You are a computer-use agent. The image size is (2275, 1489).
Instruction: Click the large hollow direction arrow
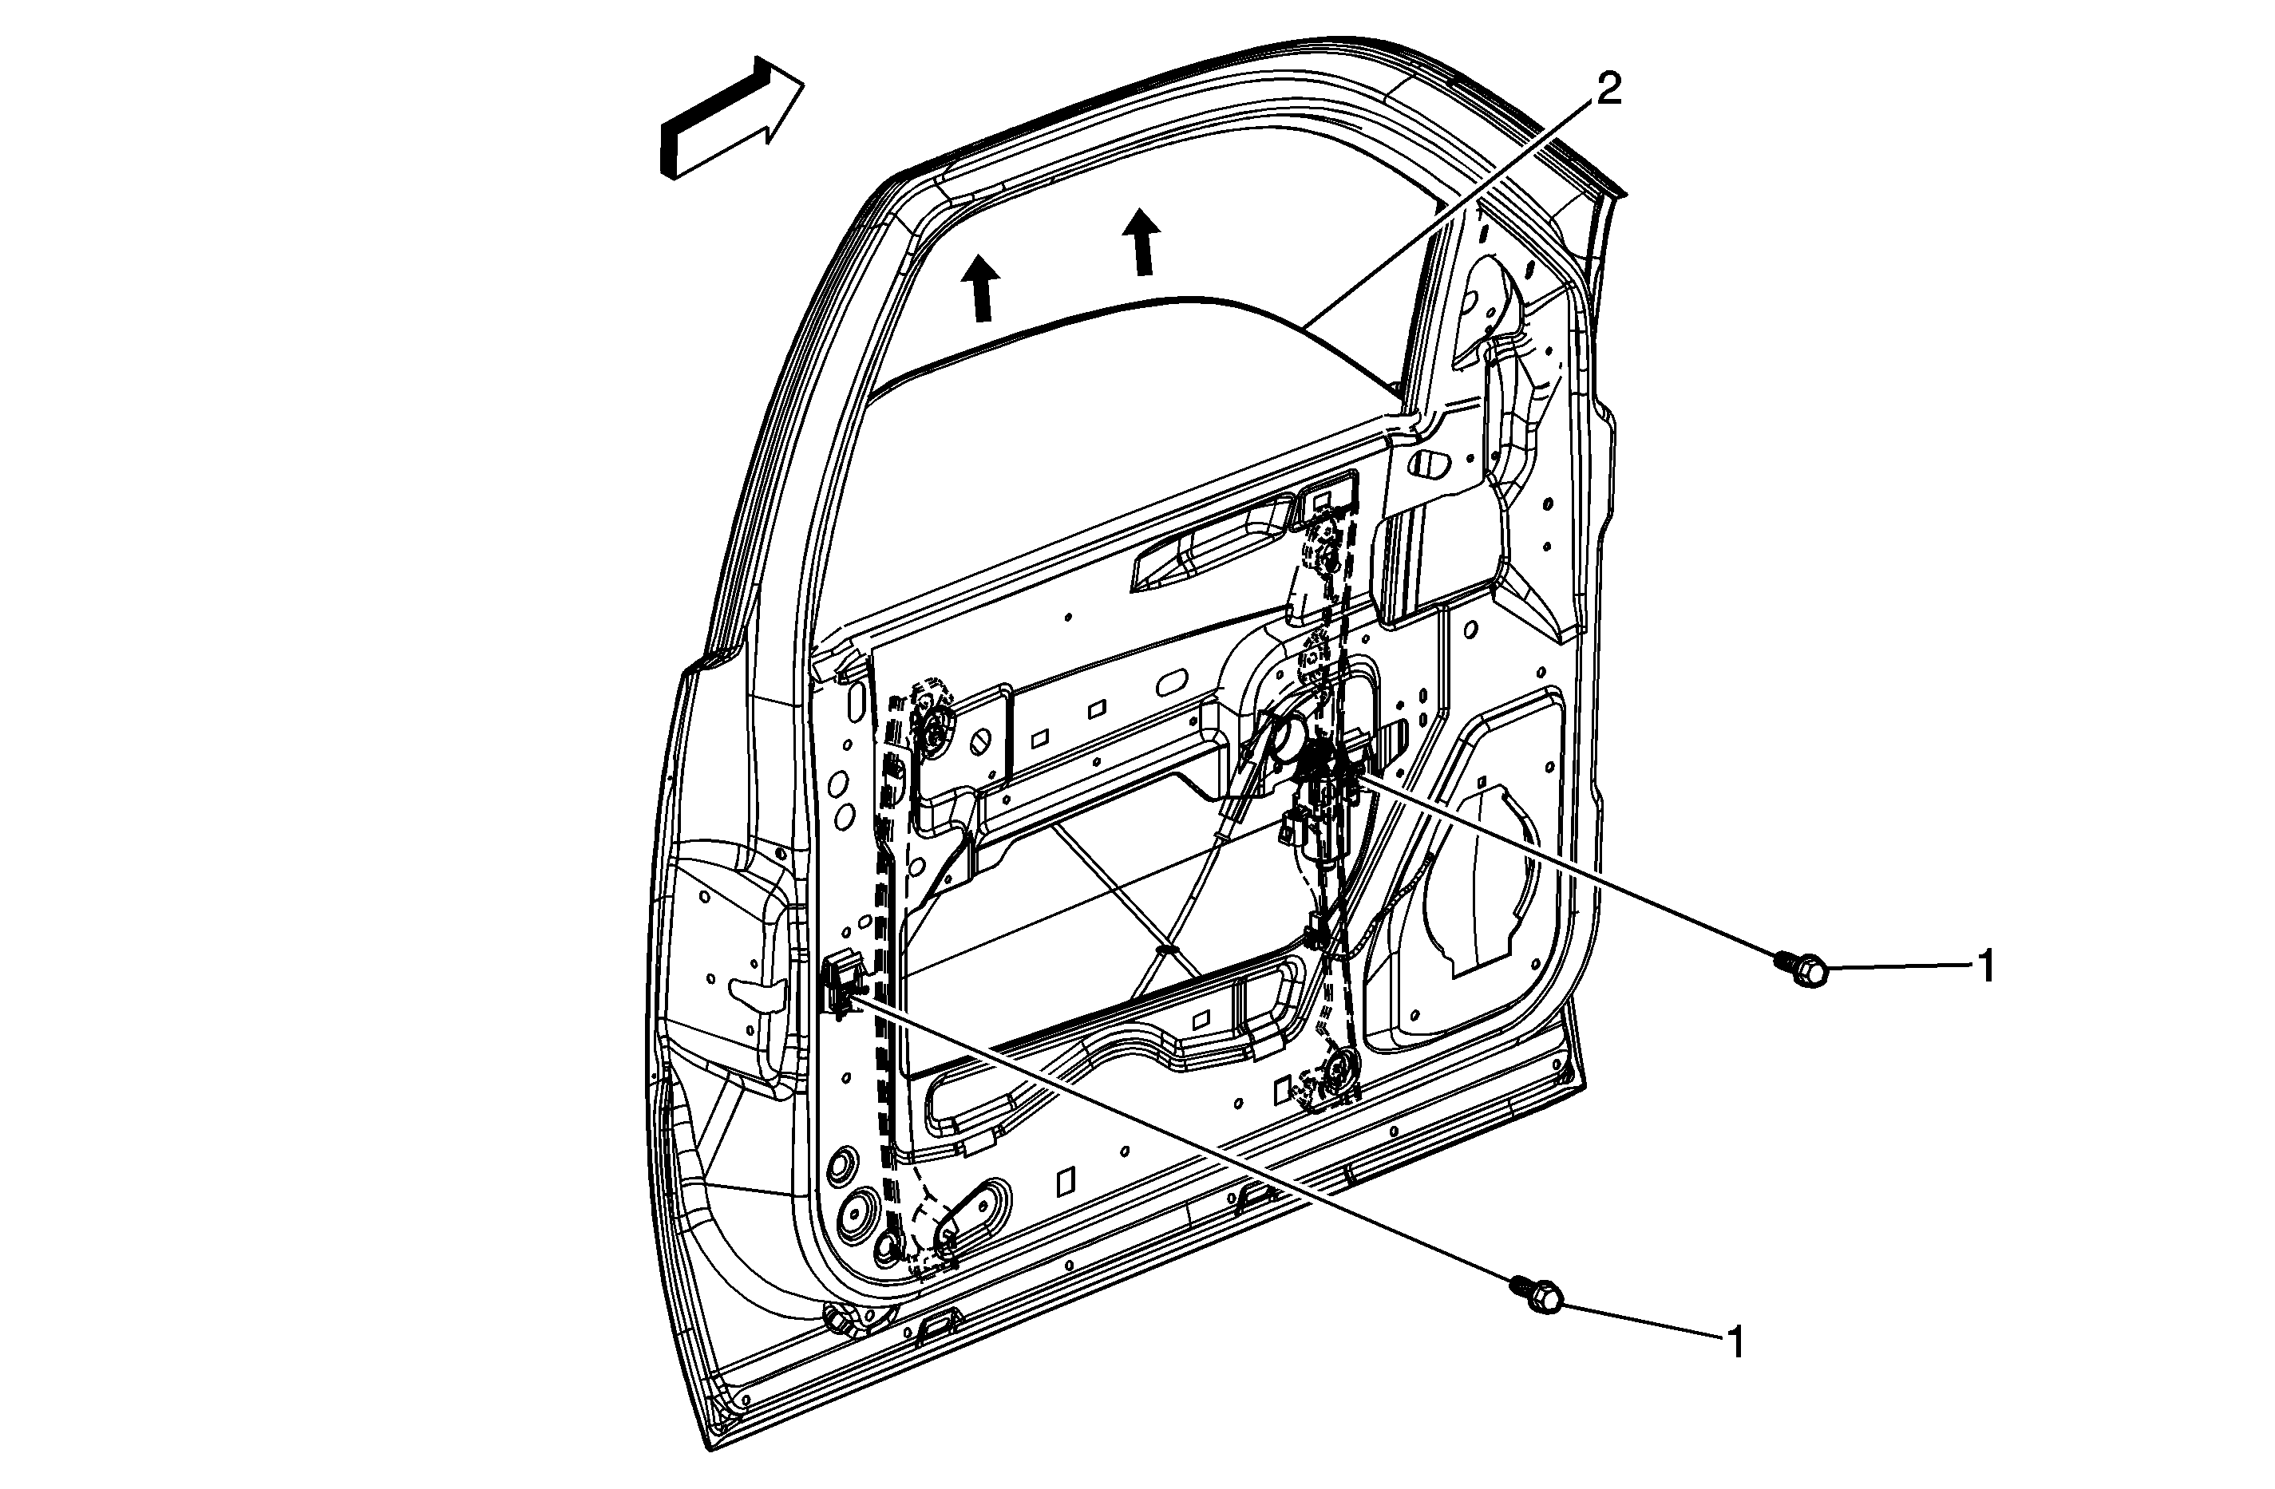click(x=731, y=119)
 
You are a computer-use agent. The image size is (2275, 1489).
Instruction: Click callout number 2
click(x=1608, y=91)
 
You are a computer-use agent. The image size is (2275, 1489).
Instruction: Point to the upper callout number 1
click(x=1985, y=966)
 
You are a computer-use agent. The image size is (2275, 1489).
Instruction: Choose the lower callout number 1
click(x=1735, y=1343)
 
